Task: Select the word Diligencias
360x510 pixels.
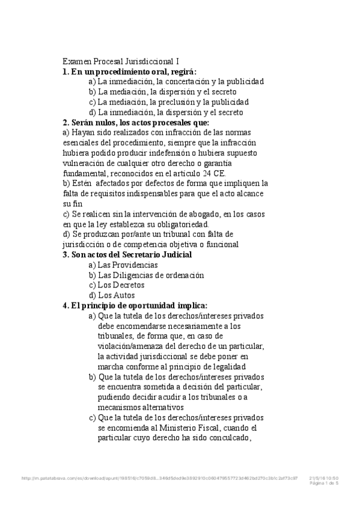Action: (x=132, y=275)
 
